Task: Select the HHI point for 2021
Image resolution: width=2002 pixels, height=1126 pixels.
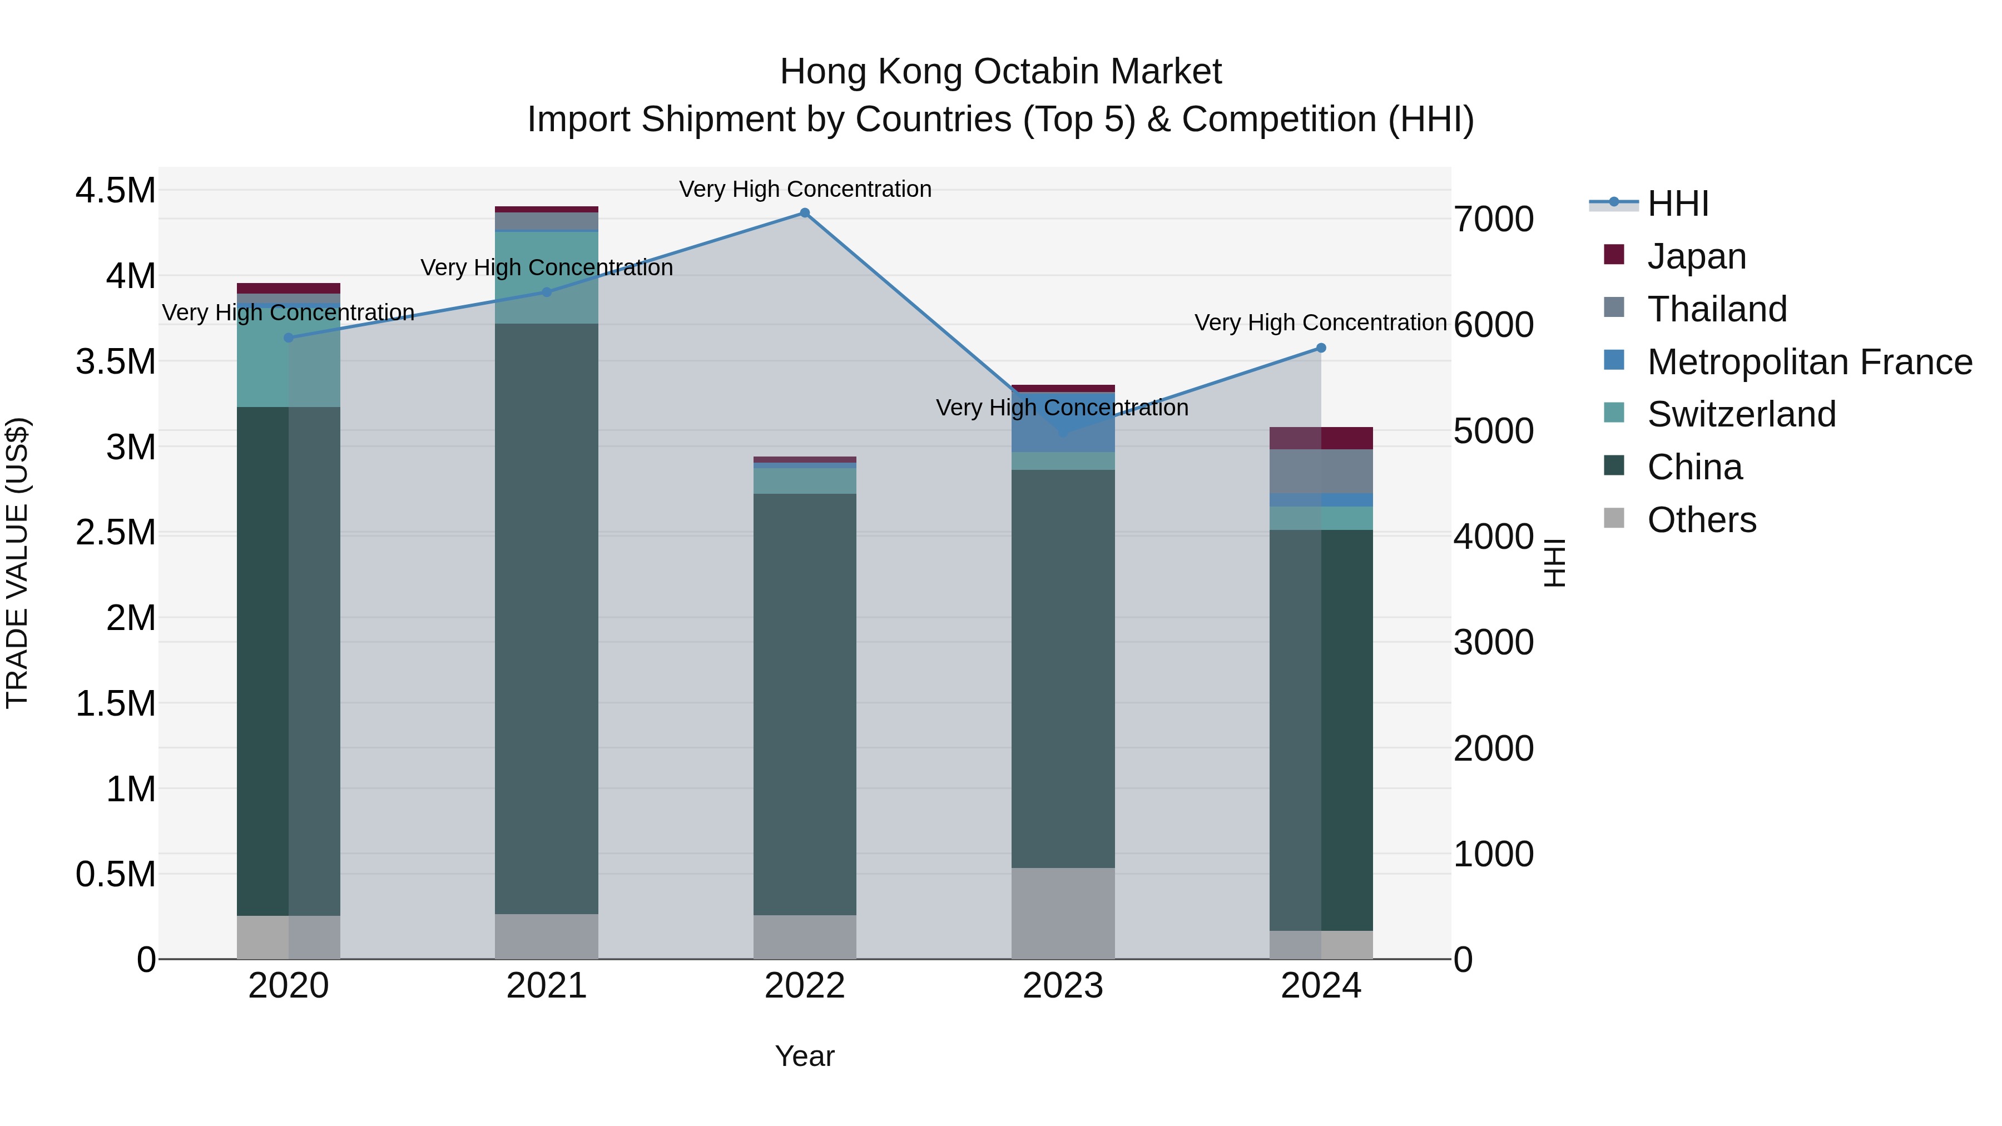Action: [546, 292]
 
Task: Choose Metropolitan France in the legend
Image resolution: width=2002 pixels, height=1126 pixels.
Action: [1809, 362]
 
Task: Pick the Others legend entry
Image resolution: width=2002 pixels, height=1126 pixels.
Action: [1701, 520]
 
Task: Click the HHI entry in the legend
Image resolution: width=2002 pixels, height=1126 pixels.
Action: [1677, 204]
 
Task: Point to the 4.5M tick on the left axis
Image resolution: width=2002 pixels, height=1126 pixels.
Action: [115, 190]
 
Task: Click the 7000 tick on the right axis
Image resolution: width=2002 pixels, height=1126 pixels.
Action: [1493, 219]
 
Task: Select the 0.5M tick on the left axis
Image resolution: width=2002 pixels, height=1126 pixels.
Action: [115, 874]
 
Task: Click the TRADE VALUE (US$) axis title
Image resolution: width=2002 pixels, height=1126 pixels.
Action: [17, 563]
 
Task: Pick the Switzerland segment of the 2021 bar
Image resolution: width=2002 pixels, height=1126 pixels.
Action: [546, 277]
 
